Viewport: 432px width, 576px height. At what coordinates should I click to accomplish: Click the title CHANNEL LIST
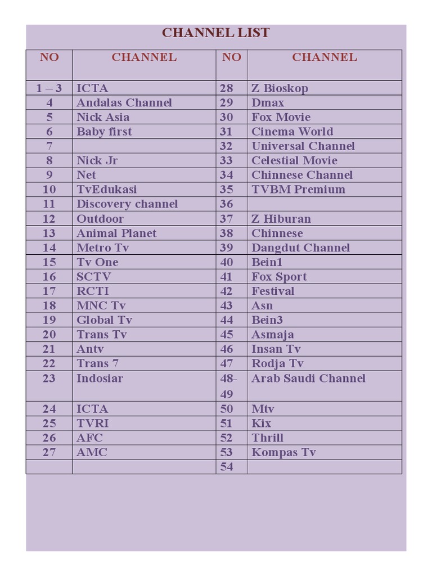215,33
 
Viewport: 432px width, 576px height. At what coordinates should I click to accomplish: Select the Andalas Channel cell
124,102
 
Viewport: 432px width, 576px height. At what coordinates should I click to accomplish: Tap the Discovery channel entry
127,204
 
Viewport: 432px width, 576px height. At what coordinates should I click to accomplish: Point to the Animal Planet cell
116,233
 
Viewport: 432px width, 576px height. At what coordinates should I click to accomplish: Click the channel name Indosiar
100,378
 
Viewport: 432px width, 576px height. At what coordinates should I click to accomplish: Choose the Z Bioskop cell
280,88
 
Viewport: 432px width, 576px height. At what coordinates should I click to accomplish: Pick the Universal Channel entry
303,146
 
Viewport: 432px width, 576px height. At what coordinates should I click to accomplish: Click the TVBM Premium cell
298,189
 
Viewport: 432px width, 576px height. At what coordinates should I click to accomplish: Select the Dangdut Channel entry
300,247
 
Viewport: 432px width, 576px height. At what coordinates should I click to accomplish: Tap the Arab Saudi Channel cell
308,378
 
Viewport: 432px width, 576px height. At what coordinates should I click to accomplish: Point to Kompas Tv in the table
283,452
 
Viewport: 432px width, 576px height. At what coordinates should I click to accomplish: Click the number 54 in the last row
227,467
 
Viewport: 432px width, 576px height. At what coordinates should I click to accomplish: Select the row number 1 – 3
49,88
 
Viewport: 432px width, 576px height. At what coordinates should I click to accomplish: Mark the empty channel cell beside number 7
143,146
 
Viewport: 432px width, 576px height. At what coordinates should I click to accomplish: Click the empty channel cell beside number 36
324,204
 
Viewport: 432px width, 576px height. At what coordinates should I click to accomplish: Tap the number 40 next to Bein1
227,262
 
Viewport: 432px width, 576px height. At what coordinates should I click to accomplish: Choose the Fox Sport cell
279,277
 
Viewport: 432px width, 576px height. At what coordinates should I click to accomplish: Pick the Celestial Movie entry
294,160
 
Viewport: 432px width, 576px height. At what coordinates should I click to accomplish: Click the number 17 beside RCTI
49,291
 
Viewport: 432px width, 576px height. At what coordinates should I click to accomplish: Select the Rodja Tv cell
277,363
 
